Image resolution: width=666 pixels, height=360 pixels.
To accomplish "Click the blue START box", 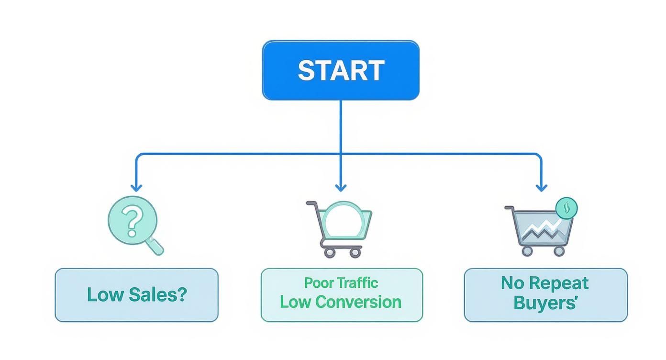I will click(x=341, y=70).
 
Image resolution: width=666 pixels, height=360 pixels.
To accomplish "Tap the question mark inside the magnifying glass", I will click(x=132, y=221).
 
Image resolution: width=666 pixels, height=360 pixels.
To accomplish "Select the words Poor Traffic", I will click(x=341, y=283).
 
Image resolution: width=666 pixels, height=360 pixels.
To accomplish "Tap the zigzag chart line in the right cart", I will click(x=541, y=229).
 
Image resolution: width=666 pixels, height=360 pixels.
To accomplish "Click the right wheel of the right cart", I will click(x=558, y=251).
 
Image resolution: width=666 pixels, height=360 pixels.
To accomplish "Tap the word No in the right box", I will click(x=512, y=283).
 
